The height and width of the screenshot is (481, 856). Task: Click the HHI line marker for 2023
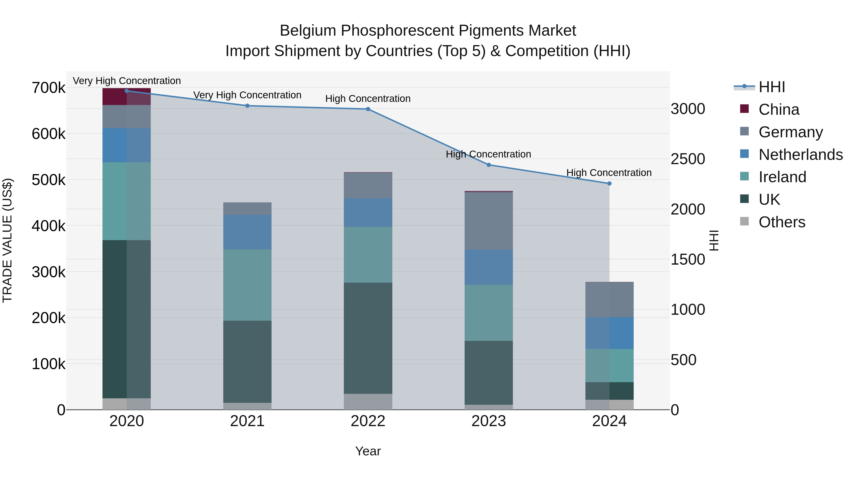488,165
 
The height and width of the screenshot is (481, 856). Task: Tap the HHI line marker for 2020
126,91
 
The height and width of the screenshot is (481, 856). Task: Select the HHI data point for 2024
609,183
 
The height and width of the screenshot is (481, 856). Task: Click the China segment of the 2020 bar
126,97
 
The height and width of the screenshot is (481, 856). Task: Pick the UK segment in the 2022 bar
368,338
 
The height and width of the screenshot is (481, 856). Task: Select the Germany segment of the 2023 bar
488,221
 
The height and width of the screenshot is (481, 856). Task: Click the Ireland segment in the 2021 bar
247,285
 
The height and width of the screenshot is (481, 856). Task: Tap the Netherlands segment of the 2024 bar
609,333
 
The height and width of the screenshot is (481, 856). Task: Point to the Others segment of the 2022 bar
368,402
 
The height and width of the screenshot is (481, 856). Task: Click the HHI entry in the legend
772,87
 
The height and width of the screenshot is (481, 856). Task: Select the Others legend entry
782,222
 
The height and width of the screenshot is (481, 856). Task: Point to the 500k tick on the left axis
49,180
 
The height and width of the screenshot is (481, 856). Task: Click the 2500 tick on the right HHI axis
687,159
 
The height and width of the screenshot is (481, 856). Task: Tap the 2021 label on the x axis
247,421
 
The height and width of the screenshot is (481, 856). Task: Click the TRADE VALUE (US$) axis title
7,241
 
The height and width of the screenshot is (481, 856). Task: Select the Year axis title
368,451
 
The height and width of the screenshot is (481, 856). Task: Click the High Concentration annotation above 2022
368,99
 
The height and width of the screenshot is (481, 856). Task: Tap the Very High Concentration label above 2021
247,95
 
